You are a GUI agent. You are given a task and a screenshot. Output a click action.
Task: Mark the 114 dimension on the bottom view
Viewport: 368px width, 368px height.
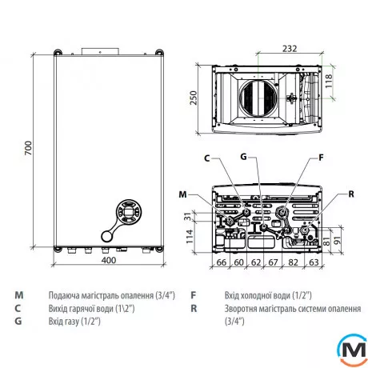(190, 235)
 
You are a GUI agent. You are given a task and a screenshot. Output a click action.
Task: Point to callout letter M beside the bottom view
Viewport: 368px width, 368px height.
(183, 194)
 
